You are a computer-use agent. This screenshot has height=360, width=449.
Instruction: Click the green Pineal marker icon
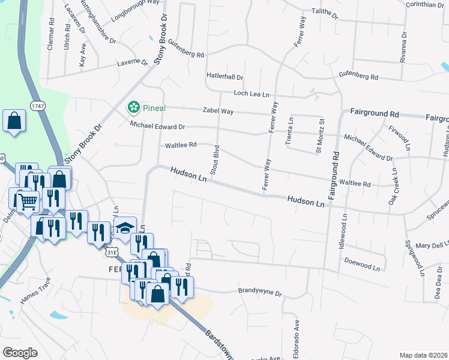tap(134, 107)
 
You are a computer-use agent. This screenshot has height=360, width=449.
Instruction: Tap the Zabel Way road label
tap(218, 111)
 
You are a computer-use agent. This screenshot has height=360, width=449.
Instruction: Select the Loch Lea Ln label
tap(252, 94)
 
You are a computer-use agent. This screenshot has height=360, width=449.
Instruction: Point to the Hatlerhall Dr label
tap(224, 77)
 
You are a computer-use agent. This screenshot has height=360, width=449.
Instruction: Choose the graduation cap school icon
tap(125, 228)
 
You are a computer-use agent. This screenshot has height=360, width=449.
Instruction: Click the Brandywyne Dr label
tap(260, 292)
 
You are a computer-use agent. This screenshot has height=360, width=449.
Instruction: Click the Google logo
tap(20, 352)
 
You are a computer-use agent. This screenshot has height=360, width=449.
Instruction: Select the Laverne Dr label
tap(133, 62)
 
